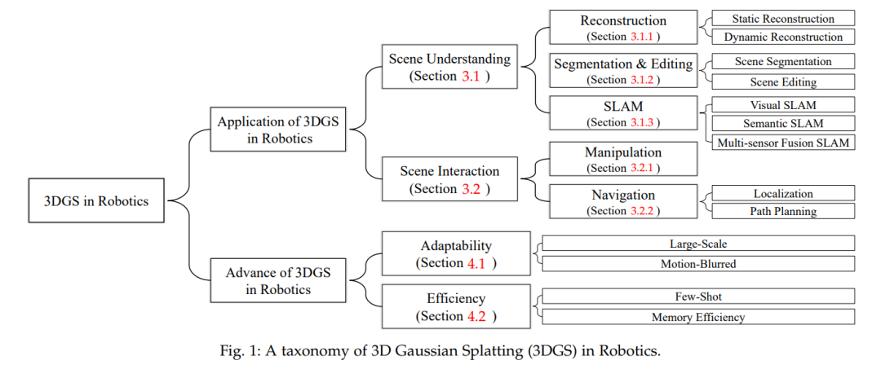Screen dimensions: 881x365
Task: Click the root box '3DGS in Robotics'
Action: tap(96, 200)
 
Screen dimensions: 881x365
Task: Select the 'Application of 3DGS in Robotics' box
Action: tap(278, 130)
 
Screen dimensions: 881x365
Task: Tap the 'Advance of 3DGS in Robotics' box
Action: tap(278, 281)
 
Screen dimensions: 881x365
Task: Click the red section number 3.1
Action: tap(471, 77)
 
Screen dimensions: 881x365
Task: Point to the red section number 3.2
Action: tap(471, 189)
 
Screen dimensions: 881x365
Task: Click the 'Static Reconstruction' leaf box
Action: tap(783, 18)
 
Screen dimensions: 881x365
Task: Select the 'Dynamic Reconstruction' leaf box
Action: tap(783, 37)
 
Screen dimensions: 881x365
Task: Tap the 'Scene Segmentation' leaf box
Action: tap(783, 61)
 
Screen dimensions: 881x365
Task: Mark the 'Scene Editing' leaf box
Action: tap(783, 81)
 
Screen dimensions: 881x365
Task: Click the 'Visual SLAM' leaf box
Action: tap(783, 104)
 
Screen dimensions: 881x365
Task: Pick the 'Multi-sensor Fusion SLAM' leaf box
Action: tap(783, 142)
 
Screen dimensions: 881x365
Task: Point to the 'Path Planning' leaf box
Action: tap(783, 211)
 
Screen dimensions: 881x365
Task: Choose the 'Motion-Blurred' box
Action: tap(698, 263)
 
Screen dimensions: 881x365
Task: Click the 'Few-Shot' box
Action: tap(698, 296)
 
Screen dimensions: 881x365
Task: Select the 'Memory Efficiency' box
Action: tap(698, 317)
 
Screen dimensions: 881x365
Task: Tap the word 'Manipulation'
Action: tap(623, 152)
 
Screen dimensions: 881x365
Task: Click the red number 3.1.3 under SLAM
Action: tap(643, 122)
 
